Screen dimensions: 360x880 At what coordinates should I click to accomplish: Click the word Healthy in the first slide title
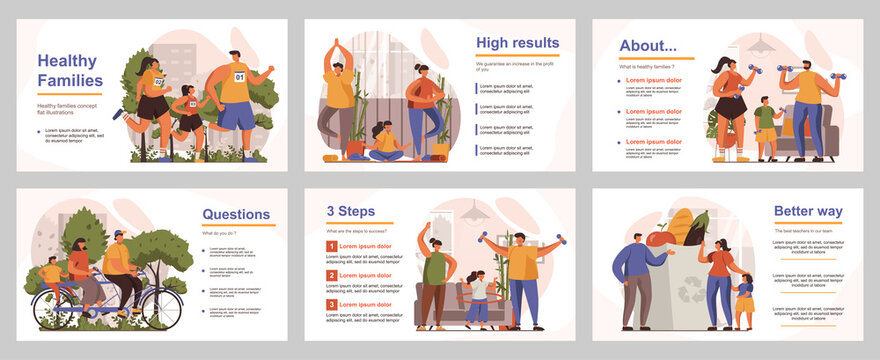click(x=67, y=59)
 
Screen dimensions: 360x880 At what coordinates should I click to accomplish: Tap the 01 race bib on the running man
click(x=239, y=77)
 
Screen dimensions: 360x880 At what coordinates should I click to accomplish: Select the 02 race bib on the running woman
click(x=158, y=82)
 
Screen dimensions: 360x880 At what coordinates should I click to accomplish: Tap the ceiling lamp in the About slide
click(x=761, y=46)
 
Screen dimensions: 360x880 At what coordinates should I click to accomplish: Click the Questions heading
click(x=236, y=214)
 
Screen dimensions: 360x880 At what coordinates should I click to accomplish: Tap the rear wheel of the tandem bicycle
click(x=54, y=309)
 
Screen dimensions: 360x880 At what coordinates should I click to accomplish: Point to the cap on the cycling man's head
click(x=119, y=235)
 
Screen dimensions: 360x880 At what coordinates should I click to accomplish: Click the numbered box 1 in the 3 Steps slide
click(x=332, y=246)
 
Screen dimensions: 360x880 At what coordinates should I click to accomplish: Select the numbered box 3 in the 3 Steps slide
click(x=332, y=304)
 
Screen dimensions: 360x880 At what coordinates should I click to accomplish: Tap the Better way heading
click(x=807, y=211)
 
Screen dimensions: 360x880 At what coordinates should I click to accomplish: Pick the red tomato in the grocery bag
click(x=655, y=239)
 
